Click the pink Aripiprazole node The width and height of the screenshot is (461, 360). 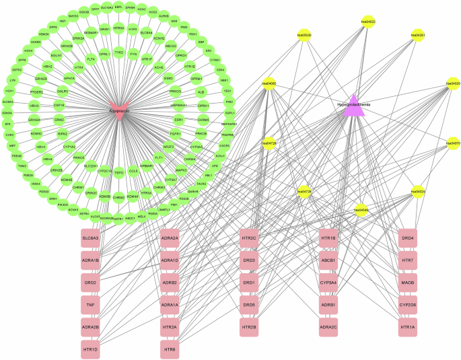[119, 110]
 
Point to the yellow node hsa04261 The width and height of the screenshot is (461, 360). [417, 35]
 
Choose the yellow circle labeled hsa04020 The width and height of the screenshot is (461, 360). [452, 84]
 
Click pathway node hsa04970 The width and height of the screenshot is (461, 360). [452, 143]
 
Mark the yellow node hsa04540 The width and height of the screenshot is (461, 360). [361, 210]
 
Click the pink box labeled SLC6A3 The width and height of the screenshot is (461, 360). [90, 238]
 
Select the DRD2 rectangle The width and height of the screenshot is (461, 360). [90, 282]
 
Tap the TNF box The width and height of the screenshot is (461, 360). [90, 305]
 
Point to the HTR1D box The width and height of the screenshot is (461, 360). [90, 350]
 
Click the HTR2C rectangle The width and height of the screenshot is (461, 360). [249, 238]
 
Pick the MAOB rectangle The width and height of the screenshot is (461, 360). [408, 283]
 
